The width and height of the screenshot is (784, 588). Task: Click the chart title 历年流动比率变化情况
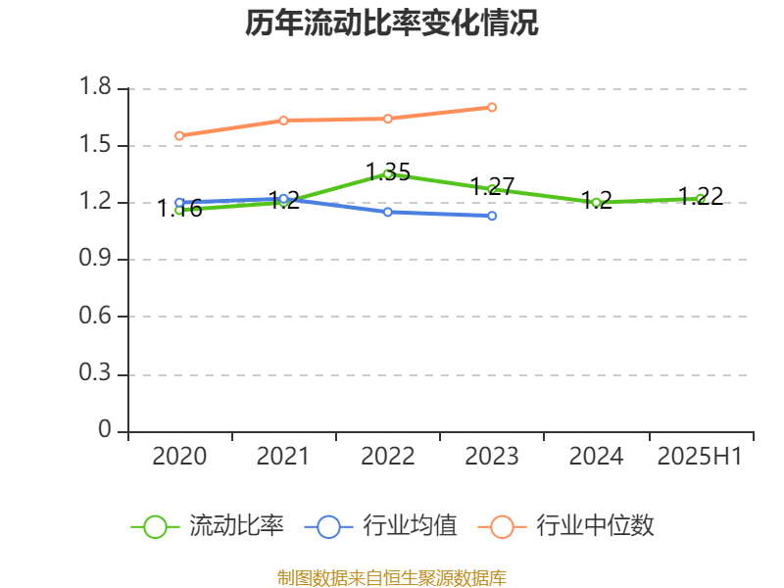[392, 24]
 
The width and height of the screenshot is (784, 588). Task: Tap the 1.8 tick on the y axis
[96, 89]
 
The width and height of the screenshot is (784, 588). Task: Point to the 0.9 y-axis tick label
[96, 260]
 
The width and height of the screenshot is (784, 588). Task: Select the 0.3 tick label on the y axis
[96, 374]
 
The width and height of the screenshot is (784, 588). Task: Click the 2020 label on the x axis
[179, 457]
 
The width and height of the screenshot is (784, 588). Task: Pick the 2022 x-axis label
[387, 457]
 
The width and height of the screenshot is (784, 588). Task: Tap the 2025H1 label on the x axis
[700, 457]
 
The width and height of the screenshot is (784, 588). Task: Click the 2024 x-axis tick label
[596, 457]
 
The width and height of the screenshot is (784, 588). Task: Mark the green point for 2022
[388, 174]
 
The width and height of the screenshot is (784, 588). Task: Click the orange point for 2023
[492, 107]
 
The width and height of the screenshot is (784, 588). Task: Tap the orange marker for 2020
[179, 135]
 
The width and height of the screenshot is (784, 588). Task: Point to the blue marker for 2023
[492, 216]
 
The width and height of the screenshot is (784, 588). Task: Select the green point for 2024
[596, 203]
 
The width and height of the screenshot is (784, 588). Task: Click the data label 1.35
[388, 172]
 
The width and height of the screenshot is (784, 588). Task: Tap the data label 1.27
[493, 186]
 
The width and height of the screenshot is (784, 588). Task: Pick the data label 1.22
[701, 196]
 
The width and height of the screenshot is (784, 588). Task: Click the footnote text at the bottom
[392, 577]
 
